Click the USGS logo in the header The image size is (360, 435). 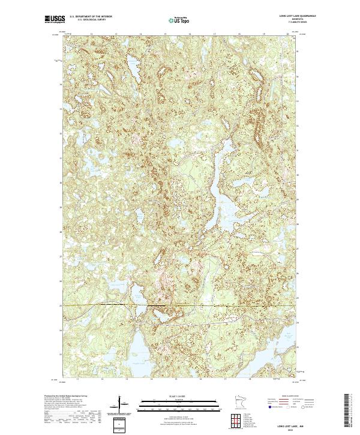pos(55,20)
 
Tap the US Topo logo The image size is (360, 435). pos(175,20)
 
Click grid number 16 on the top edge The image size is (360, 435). pos(190,34)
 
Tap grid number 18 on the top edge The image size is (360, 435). pos(239,34)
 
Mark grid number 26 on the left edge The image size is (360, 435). pos(61,281)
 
